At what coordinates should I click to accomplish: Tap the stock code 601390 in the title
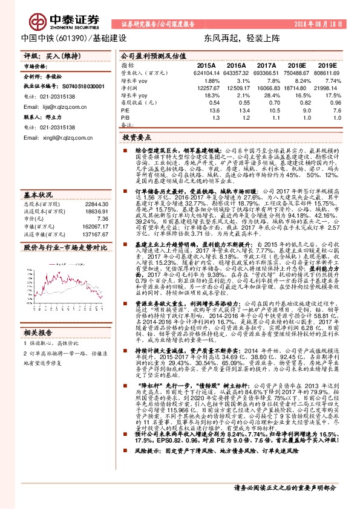pyautogui.click(x=74, y=37)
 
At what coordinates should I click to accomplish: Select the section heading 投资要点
pyautogui.click(x=137, y=138)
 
